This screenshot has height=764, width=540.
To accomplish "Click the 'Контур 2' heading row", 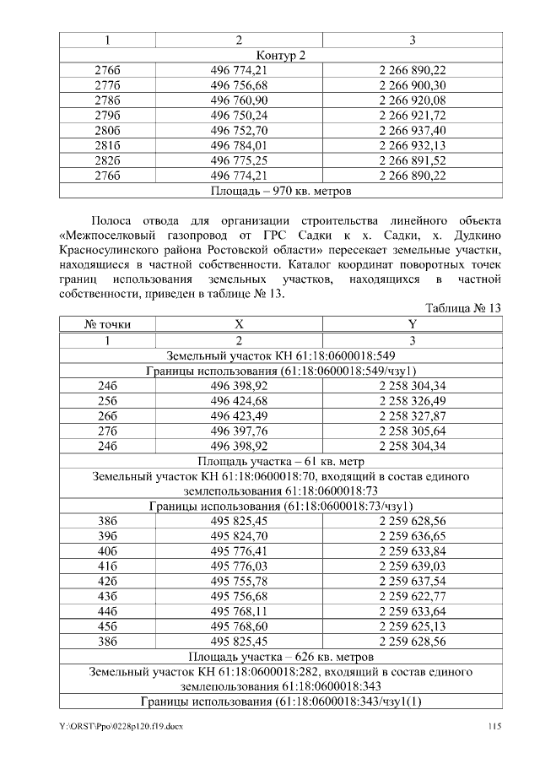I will coord(280,55).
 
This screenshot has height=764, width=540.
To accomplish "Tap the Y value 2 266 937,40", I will coord(413,130).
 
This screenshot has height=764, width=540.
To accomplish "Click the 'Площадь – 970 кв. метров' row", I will coord(280,191).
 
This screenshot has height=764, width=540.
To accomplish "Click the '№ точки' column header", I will coord(107,324).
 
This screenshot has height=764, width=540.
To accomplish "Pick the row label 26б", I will coord(107,415).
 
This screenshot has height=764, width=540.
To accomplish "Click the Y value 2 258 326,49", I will coord(413,399).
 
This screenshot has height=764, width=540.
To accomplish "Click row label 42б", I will coord(107,582).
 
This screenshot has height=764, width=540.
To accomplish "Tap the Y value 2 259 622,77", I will coord(413,597).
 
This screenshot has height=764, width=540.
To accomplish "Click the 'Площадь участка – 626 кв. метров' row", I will coord(280,657).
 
